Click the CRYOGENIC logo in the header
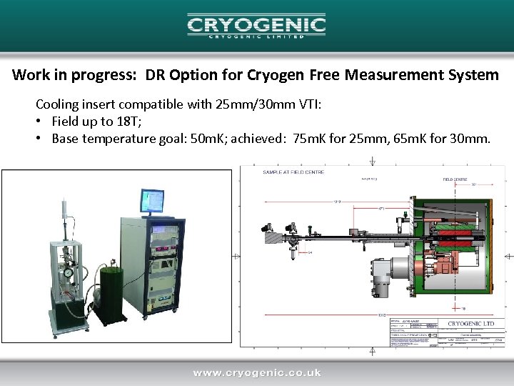[256, 26]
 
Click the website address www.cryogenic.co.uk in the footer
[256, 372]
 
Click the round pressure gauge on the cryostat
[67, 272]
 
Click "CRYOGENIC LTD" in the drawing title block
[472, 323]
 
